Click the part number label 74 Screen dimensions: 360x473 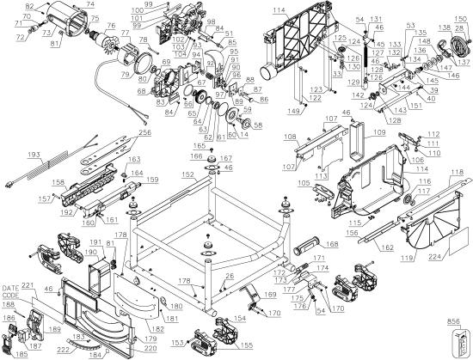[x=89, y=3]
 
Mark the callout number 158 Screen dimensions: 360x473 [x=57, y=182]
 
